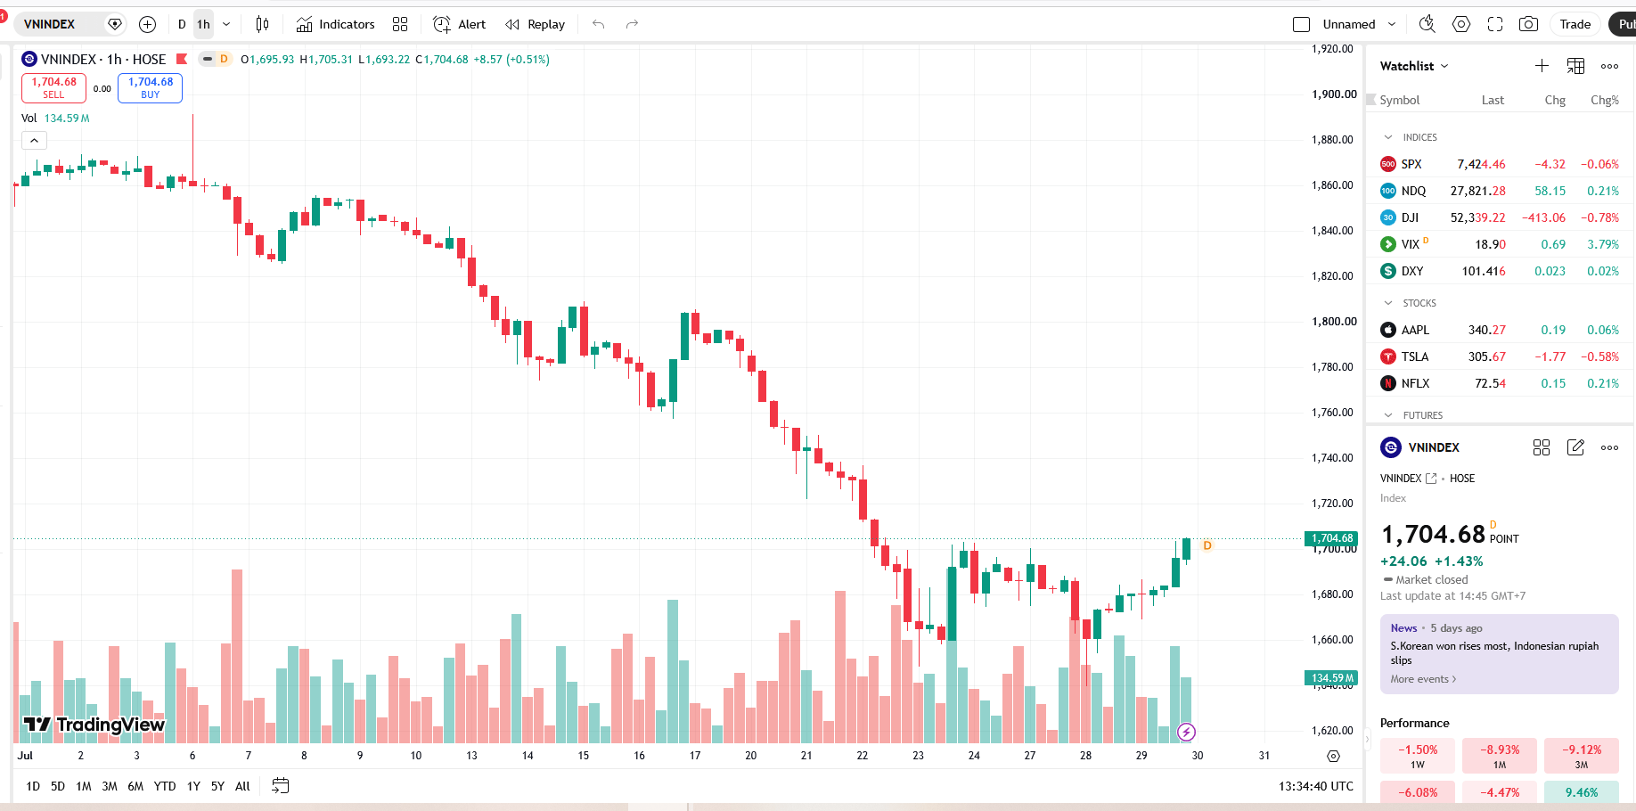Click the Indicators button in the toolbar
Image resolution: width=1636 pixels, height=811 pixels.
pyautogui.click(x=336, y=24)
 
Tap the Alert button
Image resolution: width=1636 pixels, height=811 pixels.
pyautogui.click(x=460, y=24)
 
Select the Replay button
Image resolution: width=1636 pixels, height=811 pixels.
pyautogui.click(x=536, y=24)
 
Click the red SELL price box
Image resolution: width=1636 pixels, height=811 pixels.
pyautogui.click(x=53, y=87)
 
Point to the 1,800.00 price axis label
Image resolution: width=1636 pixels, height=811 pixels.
pyautogui.click(x=1334, y=321)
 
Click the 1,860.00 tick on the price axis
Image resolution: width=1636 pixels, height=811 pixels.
pyautogui.click(x=1334, y=184)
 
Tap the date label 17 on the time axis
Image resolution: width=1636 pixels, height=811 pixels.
pyautogui.click(x=695, y=755)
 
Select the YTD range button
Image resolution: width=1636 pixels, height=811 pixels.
pyautogui.click(x=165, y=786)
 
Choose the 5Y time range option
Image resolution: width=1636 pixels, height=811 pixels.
pyautogui.click(x=217, y=786)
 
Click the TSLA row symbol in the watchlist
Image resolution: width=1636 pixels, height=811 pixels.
pyautogui.click(x=1415, y=356)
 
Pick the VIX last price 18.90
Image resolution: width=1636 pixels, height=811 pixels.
pyautogui.click(x=1490, y=244)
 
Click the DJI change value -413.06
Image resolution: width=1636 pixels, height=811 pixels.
pyautogui.click(x=1543, y=217)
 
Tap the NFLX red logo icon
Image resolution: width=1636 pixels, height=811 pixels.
pyautogui.click(x=1388, y=383)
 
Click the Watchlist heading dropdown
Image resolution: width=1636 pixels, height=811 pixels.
pyautogui.click(x=1414, y=66)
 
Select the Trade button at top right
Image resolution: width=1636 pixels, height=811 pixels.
pyautogui.click(x=1575, y=24)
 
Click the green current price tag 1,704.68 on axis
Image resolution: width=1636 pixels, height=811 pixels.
pyautogui.click(x=1331, y=538)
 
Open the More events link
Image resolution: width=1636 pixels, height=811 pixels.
pyautogui.click(x=1423, y=679)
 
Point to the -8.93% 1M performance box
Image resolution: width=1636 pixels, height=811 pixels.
pyautogui.click(x=1500, y=756)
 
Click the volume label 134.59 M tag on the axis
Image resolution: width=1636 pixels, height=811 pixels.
pyautogui.click(x=1331, y=678)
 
